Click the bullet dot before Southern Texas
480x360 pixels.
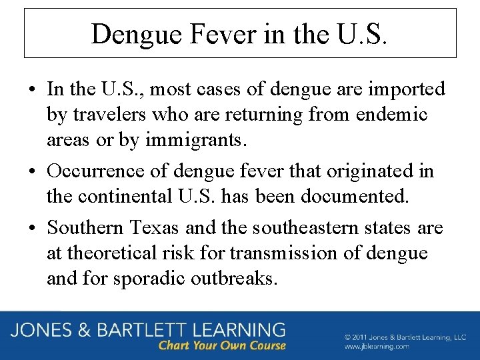[x=33, y=229]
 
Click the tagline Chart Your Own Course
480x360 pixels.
[x=222, y=346]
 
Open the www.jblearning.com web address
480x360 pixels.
[x=377, y=347]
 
